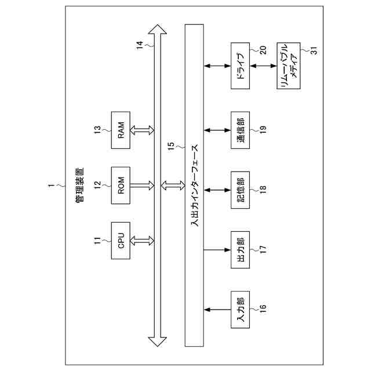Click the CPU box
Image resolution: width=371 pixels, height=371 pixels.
(122, 239)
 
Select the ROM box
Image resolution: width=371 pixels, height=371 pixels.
(122, 185)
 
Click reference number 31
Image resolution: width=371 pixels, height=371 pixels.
(314, 50)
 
